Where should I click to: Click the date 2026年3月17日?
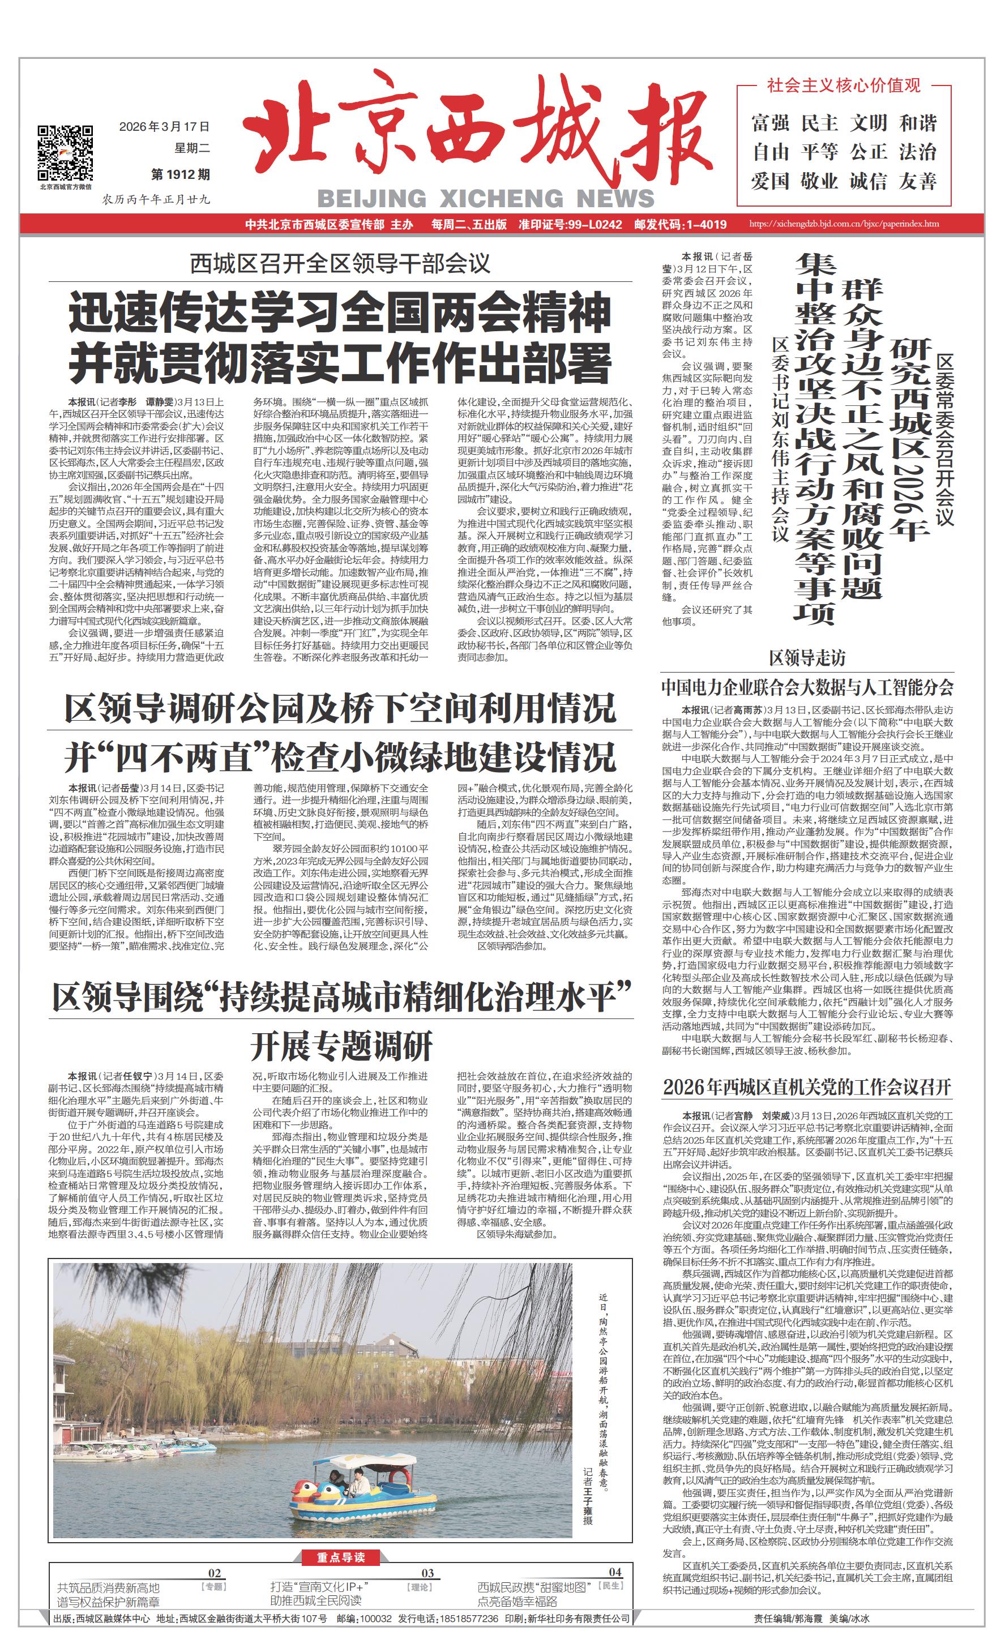[x=164, y=126]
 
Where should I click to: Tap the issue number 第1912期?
[x=180, y=174]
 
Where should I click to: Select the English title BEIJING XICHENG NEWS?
[x=486, y=199]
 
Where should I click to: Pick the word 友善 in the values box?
[x=917, y=181]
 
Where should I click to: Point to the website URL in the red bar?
[x=844, y=224]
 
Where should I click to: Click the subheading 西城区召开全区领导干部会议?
[x=340, y=263]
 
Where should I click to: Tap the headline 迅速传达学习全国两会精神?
[x=340, y=313]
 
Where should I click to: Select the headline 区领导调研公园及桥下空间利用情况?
[x=340, y=708]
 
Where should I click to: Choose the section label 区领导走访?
[x=807, y=658]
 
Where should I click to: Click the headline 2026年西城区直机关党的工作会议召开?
[x=807, y=1087]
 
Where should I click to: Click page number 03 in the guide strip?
[x=427, y=1573]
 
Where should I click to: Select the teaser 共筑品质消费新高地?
[x=108, y=1588]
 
